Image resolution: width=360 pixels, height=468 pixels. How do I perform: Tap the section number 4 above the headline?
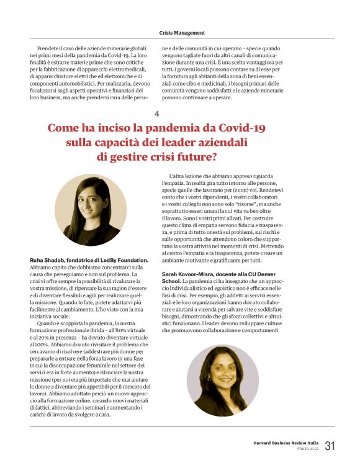pyautogui.click(x=157, y=114)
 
